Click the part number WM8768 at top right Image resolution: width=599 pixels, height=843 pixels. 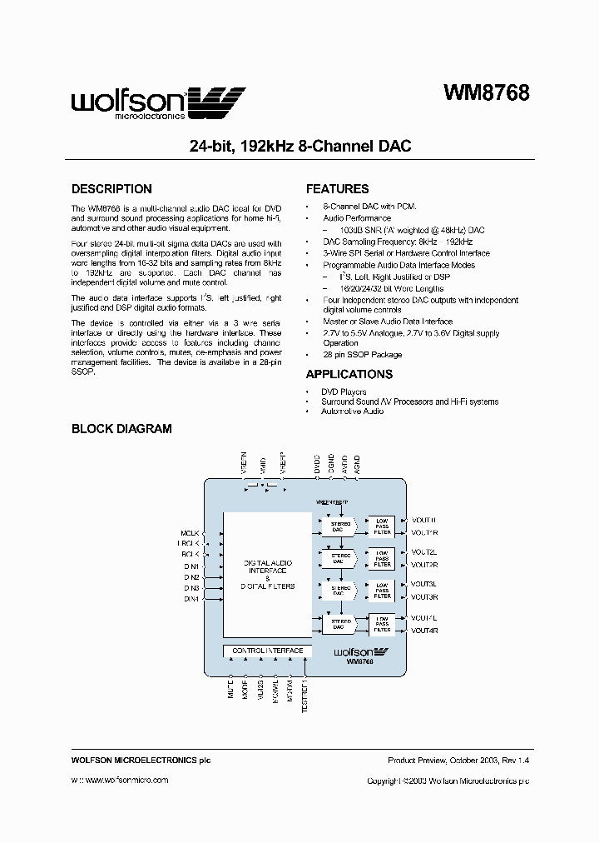point(485,93)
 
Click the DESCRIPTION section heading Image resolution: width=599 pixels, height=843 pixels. point(111,189)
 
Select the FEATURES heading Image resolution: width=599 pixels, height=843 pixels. point(337,189)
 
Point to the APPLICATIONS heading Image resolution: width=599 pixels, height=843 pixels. point(349,374)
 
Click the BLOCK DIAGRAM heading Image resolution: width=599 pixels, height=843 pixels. point(121,429)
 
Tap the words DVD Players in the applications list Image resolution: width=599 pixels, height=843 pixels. point(344,392)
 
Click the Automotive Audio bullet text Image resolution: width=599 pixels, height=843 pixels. point(352,412)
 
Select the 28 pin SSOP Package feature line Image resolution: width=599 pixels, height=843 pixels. point(362,355)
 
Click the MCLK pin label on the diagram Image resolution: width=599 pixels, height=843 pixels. point(191,532)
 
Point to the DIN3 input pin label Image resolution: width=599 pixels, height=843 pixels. point(191,588)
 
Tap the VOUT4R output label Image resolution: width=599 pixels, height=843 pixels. point(423,631)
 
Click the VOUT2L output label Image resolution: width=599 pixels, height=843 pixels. point(423,552)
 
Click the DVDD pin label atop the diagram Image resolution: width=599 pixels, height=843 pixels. point(317,463)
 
